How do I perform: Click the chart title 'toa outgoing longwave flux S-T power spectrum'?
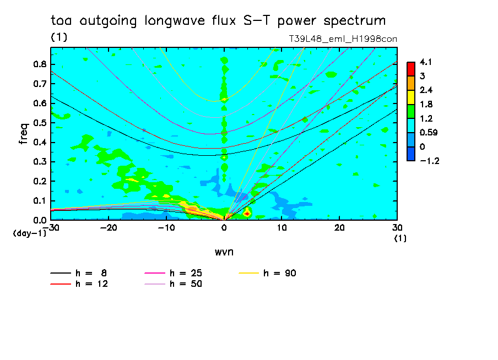[x=218, y=21]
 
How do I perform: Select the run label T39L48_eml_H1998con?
[x=343, y=39]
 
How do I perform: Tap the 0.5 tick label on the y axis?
[x=39, y=123]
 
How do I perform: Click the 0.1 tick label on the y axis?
[x=39, y=201]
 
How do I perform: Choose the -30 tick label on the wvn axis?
[x=51, y=228]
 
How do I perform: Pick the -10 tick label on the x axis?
[x=166, y=228]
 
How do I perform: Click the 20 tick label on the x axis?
[x=339, y=228]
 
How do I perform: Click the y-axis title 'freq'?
[x=24, y=134]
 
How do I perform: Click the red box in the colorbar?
[x=411, y=68]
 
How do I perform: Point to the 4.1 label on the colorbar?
[x=425, y=62]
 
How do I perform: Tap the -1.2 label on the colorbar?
[x=428, y=161]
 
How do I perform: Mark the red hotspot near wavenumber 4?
[x=247, y=212]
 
